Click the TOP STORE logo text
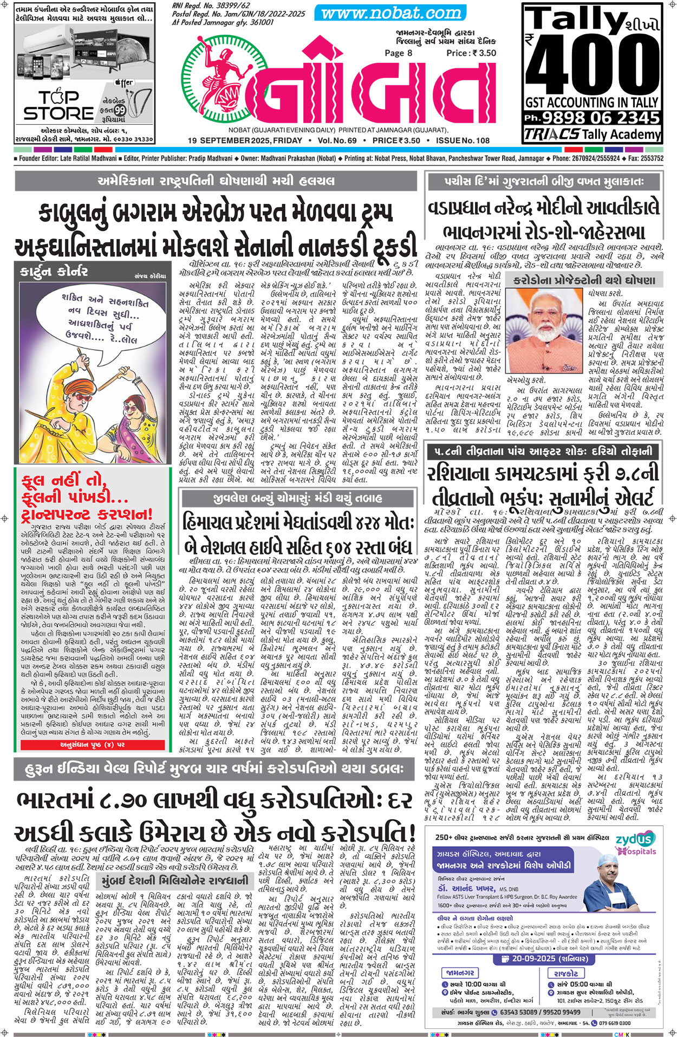[x=58, y=105]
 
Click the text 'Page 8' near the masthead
[x=398, y=53]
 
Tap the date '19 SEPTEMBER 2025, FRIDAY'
[x=245, y=140]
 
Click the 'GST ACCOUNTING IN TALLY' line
[x=592, y=101]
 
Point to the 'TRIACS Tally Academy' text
[x=592, y=134]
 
